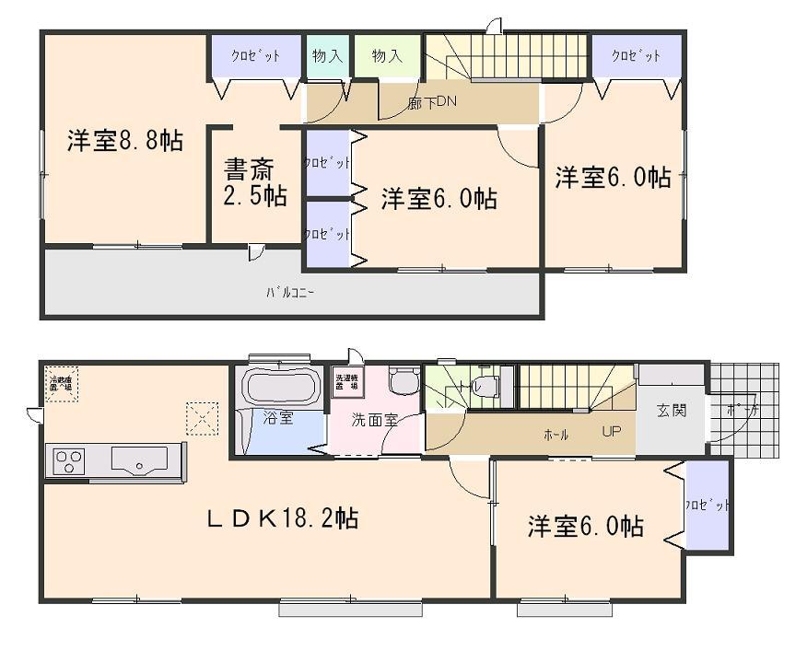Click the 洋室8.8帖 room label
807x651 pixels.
124,141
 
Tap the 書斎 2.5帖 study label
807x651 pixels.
254,182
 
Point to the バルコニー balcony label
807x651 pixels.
290,293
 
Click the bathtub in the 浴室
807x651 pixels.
280,388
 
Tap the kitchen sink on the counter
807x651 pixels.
139,458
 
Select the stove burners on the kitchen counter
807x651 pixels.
70,458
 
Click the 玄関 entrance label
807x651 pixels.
672,411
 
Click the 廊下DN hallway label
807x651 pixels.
427,103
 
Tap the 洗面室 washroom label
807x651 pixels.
374,420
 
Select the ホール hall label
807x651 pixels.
556,435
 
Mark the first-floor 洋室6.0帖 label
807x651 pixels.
585,527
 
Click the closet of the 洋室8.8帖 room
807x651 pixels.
256,56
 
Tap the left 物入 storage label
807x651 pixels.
327,56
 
